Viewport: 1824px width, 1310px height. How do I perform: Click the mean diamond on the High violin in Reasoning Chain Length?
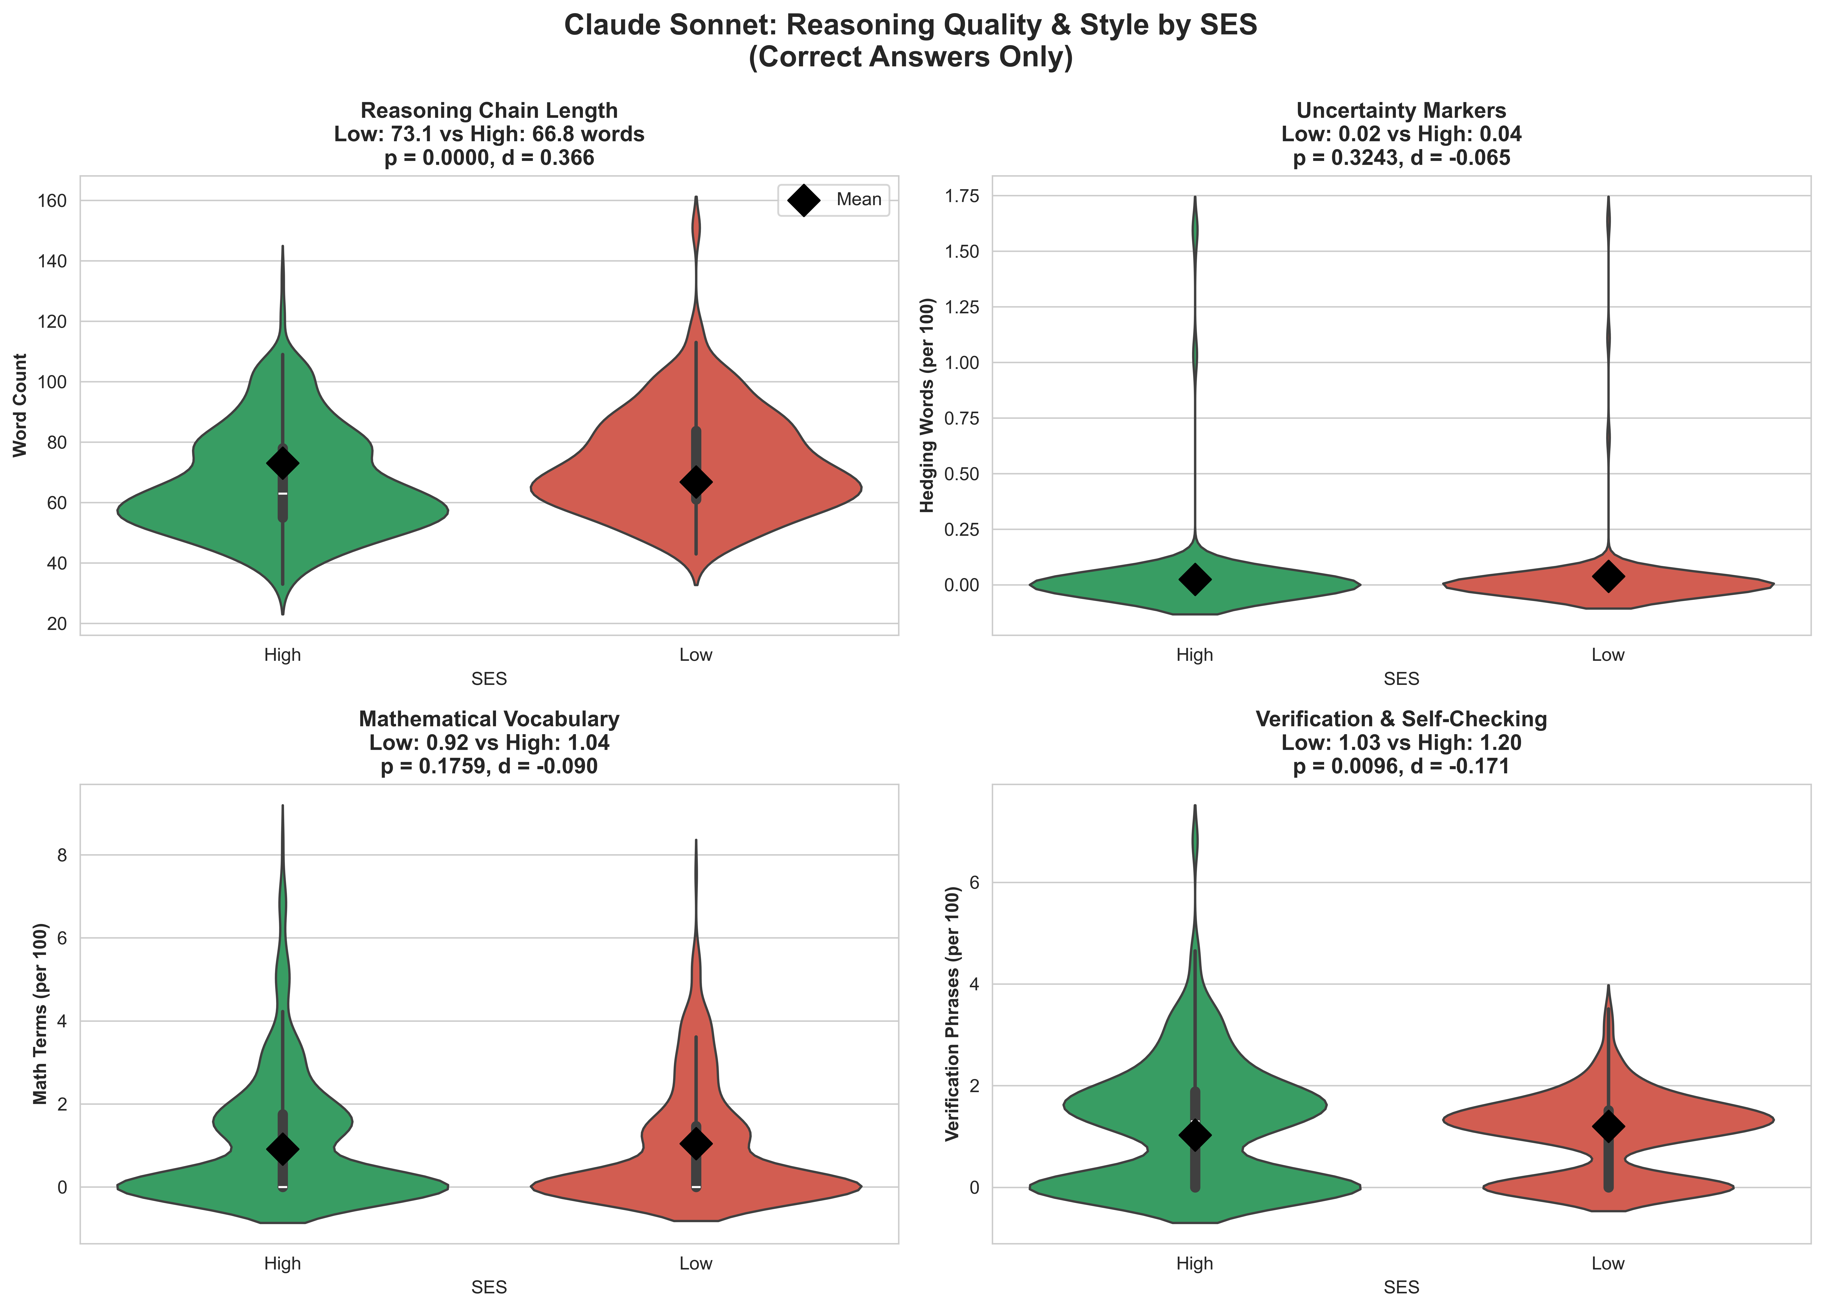pyautogui.click(x=282, y=463)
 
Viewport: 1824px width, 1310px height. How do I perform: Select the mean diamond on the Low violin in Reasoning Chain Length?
pyautogui.click(x=696, y=482)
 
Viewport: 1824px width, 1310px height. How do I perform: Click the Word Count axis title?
pyautogui.click(x=20, y=405)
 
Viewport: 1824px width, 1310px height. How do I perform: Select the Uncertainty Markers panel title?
pyautogui.click(x=1401, y=111)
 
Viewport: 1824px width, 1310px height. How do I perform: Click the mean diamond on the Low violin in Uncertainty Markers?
pyautogui.click(x=1608, y=576)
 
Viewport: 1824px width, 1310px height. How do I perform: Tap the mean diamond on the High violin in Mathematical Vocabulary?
pyautogui.click(x=282, y=1148)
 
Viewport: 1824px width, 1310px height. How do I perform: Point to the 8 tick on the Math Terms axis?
pyautogui.click(x=62, y=855)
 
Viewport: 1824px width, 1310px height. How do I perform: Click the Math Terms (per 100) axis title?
pyautogui.click(x=40, y=1013)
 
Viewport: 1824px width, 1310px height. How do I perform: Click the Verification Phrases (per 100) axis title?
pyautogui.click(x=953, y=1013)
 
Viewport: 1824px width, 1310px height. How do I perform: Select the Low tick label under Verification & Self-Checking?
pyautogui.click(x=1608, y=1263)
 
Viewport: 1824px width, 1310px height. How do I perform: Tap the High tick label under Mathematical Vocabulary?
pyautogui.click(x=282, y=1263)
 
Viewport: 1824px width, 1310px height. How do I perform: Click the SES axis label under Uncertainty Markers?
pyautogui.click(x=1401, y=679)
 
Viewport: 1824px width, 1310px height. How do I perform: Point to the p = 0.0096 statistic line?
pyautogui.click(x=1401, y=766)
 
